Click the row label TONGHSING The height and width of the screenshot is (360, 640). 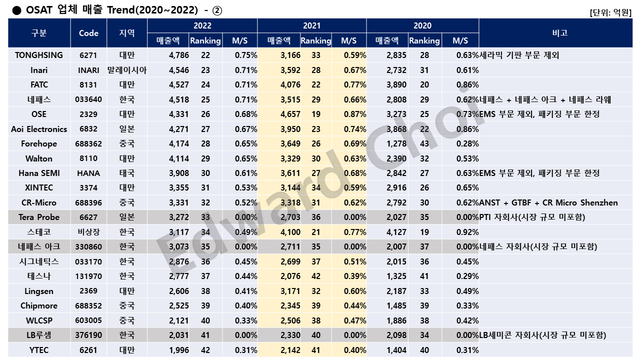pyautogui.click(x=39, y=55)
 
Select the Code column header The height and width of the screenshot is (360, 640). pyautogui.click(x=88, y=33)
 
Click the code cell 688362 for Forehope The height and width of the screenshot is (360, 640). pyautogui.click(x=88, y=143)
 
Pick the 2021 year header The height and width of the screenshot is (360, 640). pyautogui.click(x=312, y=25)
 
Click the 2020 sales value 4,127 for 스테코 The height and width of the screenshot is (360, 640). pyautogui.click(x=396, y=232)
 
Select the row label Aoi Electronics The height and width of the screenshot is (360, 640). pyautogui.click(x=39, y=129)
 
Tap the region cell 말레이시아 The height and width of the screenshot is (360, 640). pyautogui.click(x=127, y=70)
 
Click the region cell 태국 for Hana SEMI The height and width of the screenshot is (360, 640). pyautogui.click(x=127, y=173)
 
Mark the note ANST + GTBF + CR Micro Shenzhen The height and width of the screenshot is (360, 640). pyautogui.click(x=548, y=202)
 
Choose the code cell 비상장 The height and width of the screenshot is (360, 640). pyautogui.click(x=88, y=232)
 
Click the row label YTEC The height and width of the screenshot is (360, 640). pyautogui.click(x=39, y=350)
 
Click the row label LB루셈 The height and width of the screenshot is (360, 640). pyautogui.click(x=39, y=335)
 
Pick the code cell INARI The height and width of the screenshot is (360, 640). pyautogui.click(x=88, y=70)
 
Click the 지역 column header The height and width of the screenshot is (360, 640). pyautogui.click(x=127, y=33)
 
